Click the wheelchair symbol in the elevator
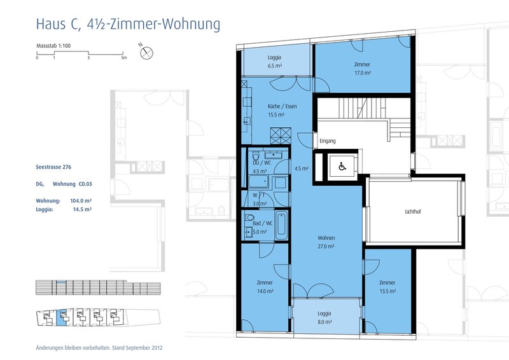pos(341,167)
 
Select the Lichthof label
pos(414,212)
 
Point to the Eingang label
pos(327,141)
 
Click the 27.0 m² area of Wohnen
pos(326,246)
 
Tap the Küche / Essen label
pos(275,106)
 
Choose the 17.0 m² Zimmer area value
pos(362,73)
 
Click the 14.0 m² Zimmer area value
pos(265,291)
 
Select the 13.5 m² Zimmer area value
pos(387,291)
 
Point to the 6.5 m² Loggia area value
pos(274,66)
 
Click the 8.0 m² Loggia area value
pos(324,322)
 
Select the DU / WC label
pos(260,163)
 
